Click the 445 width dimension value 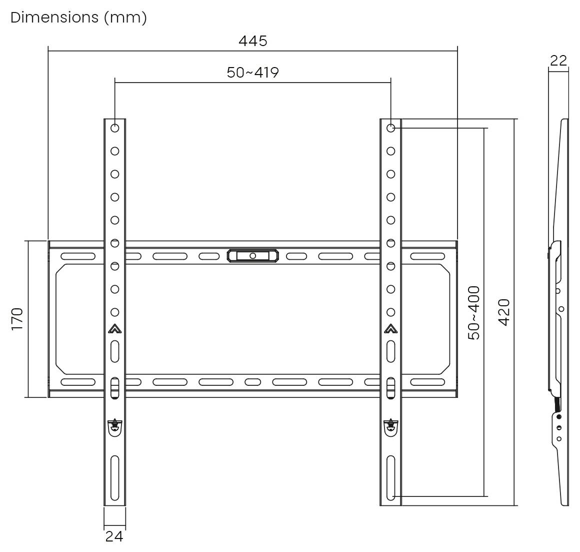[252, 41]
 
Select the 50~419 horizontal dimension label [252, 73]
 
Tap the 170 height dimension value [17, 319]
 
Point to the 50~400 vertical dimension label [473, 313]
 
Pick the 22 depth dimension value [558, 60]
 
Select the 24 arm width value [114, 536]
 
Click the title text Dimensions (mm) [78, 17]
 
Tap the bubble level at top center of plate [252, 256]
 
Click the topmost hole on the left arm [114, 128]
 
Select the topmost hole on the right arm [391, 128]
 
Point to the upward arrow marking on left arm [114, 329]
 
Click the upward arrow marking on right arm [391, 329]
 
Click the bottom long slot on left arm [114, 478]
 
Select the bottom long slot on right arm [391, 478]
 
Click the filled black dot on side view [559, 416]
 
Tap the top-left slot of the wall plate [78, 256]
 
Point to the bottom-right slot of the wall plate [427, 382]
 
